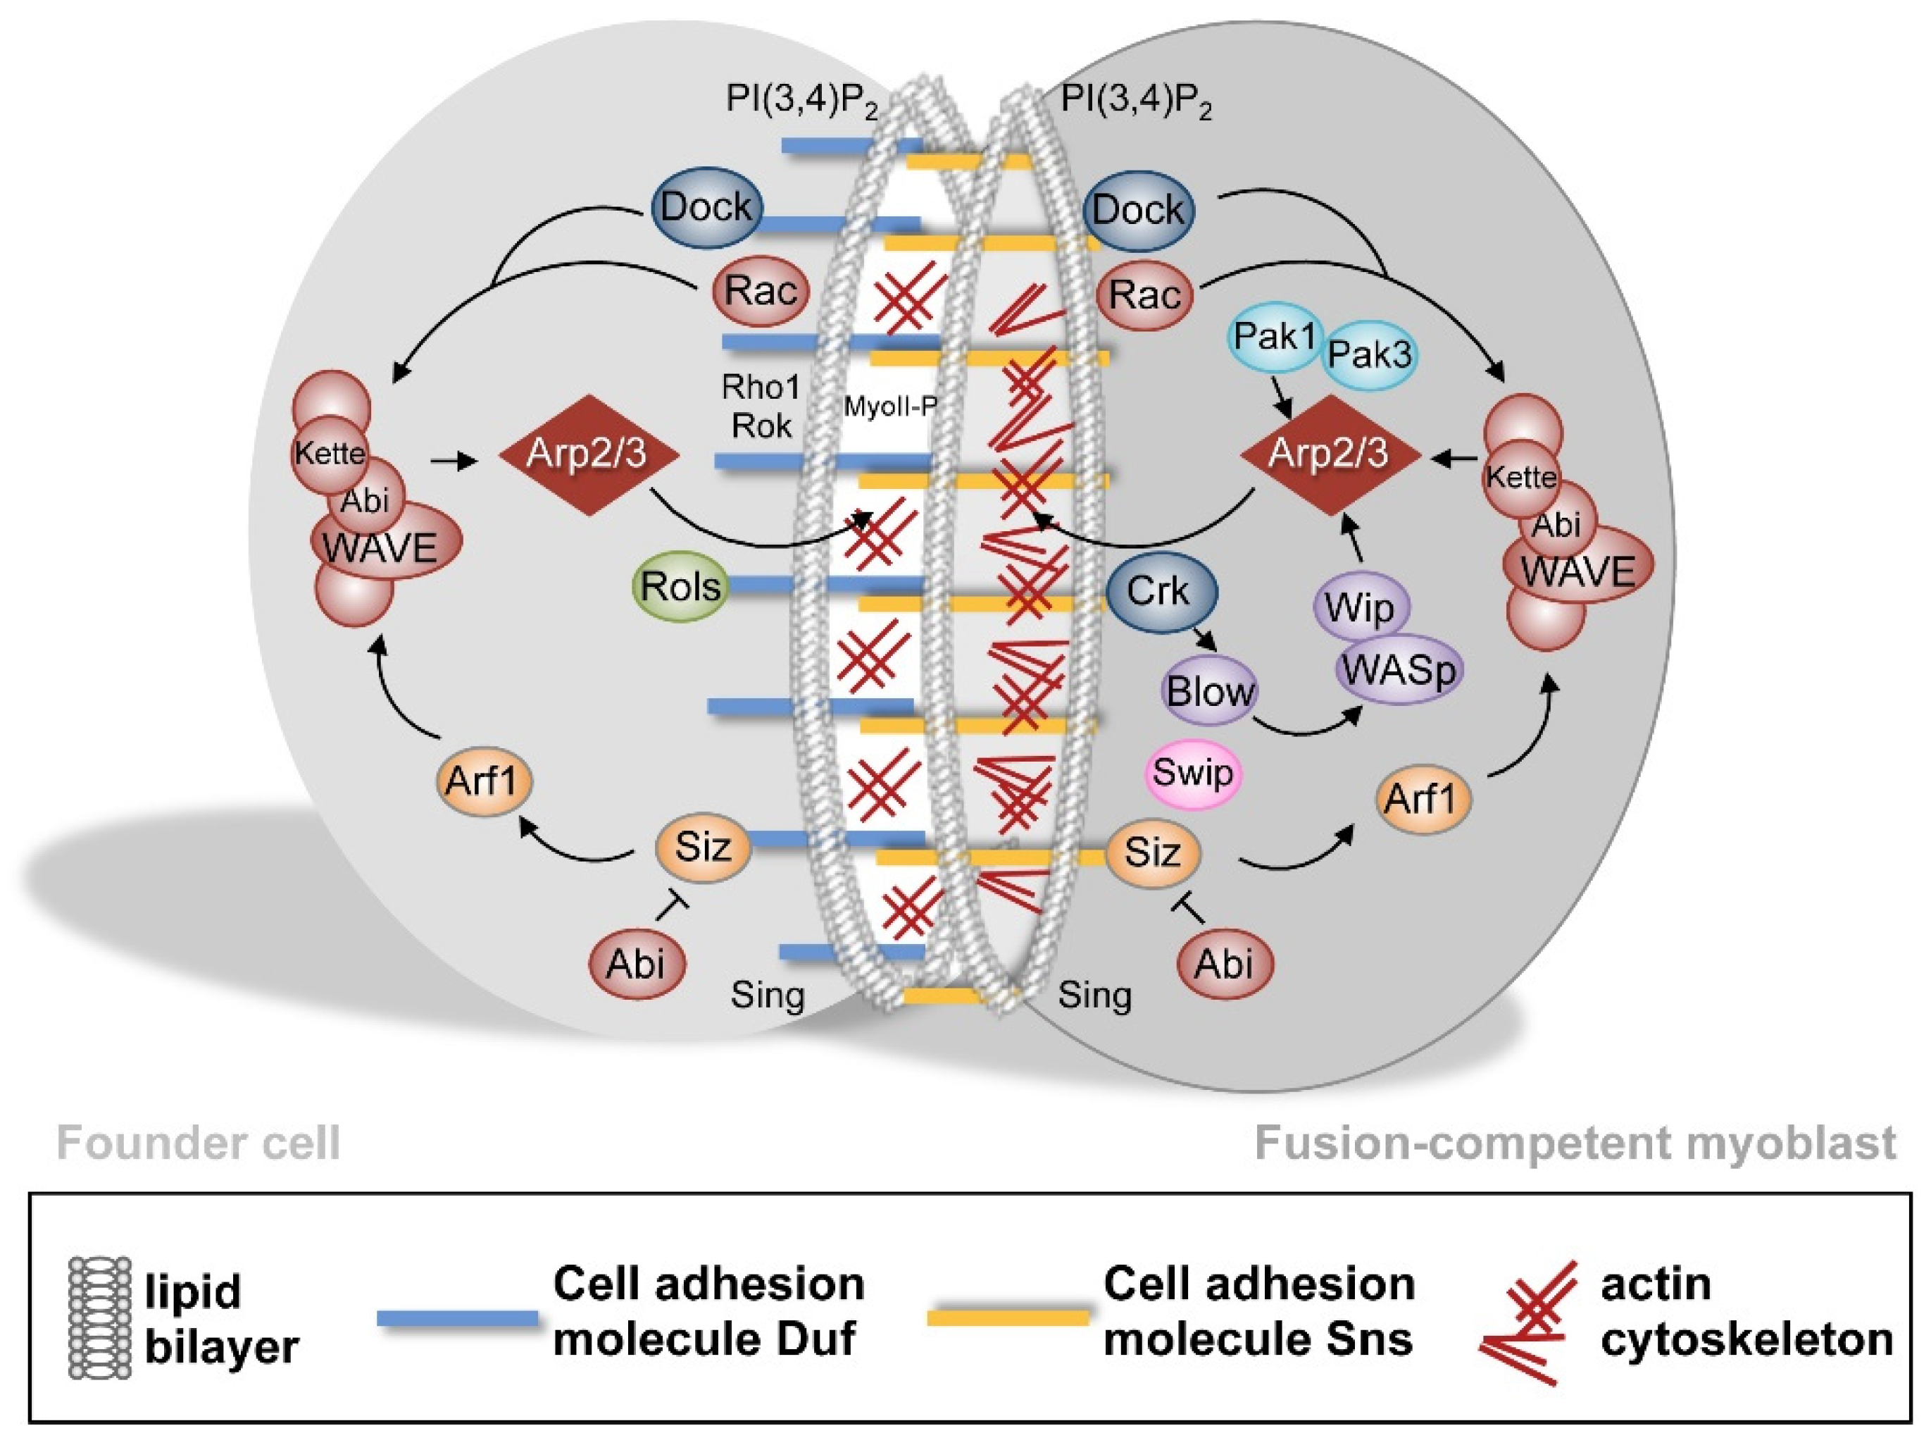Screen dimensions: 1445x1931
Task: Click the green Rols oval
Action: click(680, 586)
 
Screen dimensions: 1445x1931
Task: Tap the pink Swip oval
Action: click(1192, 773)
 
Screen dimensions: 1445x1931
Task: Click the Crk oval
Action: click(1160, 591)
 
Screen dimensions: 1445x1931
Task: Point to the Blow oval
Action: click(1210, 692)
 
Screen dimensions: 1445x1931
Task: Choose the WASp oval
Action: click(1399, 670)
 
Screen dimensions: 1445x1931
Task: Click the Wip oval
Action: click(1360, 607)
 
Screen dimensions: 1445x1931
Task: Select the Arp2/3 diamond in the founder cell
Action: click(587, 455)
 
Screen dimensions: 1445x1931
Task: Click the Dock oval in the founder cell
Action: click(706, 208)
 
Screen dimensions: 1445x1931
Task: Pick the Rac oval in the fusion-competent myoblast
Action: click(1144, 294)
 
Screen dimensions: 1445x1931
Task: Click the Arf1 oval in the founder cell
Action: click(483, 781)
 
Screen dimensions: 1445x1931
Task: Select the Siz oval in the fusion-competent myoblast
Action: click(1152, 852)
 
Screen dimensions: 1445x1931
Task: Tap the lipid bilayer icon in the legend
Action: click(99, 1318)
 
